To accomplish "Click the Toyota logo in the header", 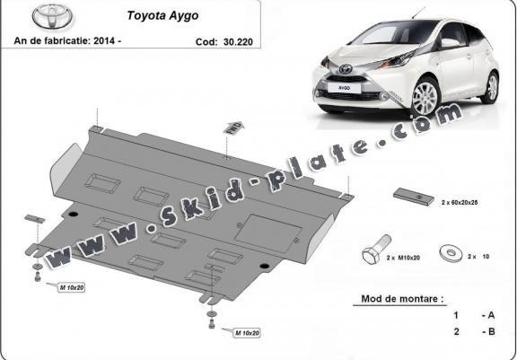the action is (x=52, y=16).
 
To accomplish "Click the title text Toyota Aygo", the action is (x=162, y=15).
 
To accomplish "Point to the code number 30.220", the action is (x=238, y=42).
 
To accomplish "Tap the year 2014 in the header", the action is (x=104, y=41).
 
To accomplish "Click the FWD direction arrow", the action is (x=233, y=127).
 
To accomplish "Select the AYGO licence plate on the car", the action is (x=344, y=88).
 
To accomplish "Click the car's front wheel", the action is (x=425, y=98).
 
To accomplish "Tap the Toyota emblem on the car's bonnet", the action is (x=346, y=68).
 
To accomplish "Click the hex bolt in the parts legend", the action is (x=376, y=250).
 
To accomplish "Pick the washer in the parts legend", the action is (x=451, y=253).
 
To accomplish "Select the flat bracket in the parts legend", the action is (x=414, y=197).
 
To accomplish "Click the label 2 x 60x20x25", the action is (x=460, y=202).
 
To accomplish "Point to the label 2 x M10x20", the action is (x=403, y=258).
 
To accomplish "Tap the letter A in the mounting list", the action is (x=491, y=315).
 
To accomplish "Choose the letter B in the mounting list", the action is (x=491, y=331).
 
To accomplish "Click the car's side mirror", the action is (x=451, y=43).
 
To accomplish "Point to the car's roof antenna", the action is (x=418, y=13).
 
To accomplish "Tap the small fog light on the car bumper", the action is (x=384, y=96).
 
